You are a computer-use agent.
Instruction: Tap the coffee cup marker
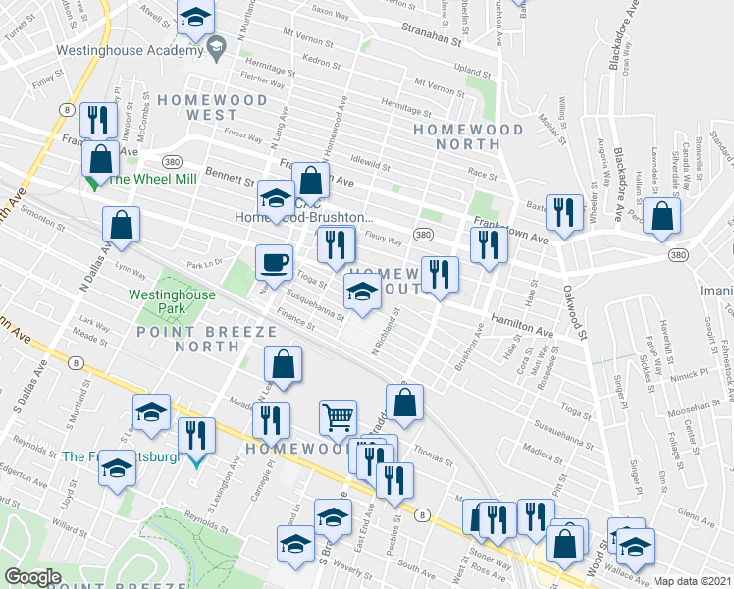click(x=274, y=262)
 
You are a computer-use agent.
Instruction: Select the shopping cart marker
click(x=338, y=416)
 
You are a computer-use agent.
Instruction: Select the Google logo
click(x=31, y=577)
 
